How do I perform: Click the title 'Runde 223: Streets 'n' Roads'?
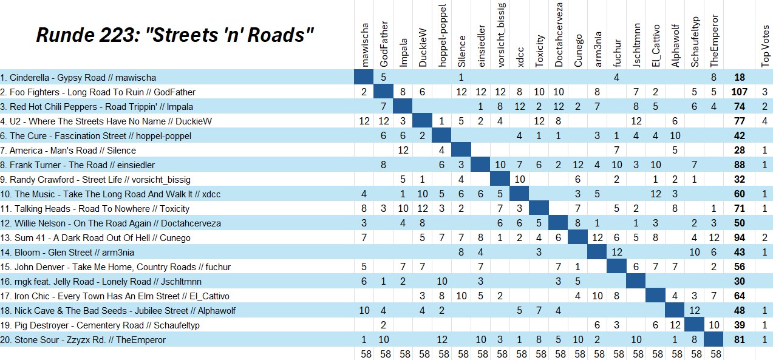tap(175, 35)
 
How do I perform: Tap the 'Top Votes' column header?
tap(765, 46)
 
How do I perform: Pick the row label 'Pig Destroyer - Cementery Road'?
tap(100, 325)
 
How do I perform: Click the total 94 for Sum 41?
tap(739, 238)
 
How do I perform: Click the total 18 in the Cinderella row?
tap(739, 78)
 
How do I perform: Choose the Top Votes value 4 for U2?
tap(764, 121)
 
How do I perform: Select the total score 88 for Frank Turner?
tap(739, 165)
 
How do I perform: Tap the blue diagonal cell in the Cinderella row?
tap(364, 77)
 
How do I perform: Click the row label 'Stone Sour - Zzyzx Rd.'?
tap(83, 340)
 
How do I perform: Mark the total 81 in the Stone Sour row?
tap(739, 340)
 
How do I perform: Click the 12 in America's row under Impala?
tap(403, 151)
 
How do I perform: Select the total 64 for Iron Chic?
tap(739, 296)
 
